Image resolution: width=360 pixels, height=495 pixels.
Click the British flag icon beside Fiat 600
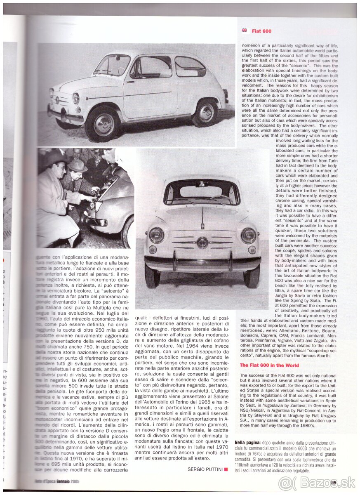pyautogui.click(x=245, y=31)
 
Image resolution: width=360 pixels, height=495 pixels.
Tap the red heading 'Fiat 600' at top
pyautogui.click(x=261, y=31)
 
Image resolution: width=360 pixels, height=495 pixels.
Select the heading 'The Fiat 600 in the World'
pyautogui.click(x=269, y=365)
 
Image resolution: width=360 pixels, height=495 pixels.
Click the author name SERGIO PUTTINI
pyautogui.click(x=205, y=469)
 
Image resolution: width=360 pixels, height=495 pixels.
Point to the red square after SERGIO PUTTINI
pyautogui.click(x=226, y=469)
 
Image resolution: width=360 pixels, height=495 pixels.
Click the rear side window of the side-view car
pyautogui.click(x=189, y=67)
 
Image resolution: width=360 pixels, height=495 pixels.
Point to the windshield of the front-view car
pyautogui.click(x=202, y=192)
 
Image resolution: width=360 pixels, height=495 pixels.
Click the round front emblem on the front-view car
pyautogui.click(x=202, y=243)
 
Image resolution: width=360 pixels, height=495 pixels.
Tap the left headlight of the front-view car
pyautogui.click(x=156, y=236)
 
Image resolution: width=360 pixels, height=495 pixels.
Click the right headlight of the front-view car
pyautogui.click(x=248, y=236)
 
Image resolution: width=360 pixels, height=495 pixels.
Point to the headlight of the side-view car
pyautogui.click(x=76, y=99)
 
